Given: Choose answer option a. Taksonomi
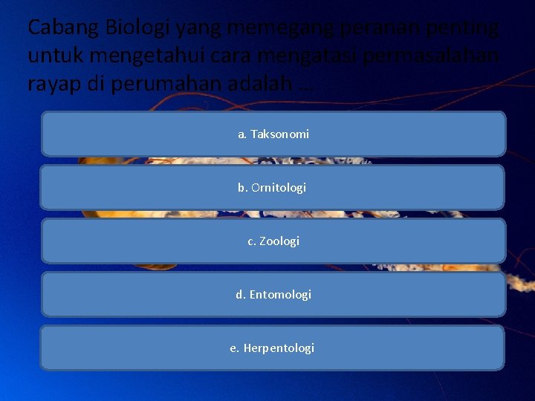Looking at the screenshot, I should pyautogui.click(x=273, y=134).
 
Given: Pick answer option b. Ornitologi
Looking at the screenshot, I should pyautogui.click(x=272, y=188).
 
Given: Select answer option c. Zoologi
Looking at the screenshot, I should pyautogui.click(x=273, y=241).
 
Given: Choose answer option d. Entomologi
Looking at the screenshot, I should pyautogui.click(x=273, y=295).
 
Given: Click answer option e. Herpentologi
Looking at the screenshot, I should pyautogui.click(x=272, y=348).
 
